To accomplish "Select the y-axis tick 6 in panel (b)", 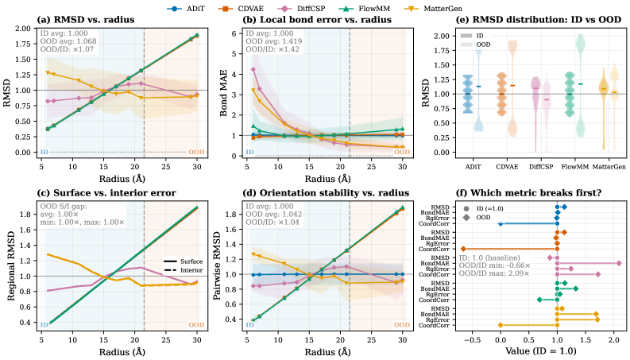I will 234,33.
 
